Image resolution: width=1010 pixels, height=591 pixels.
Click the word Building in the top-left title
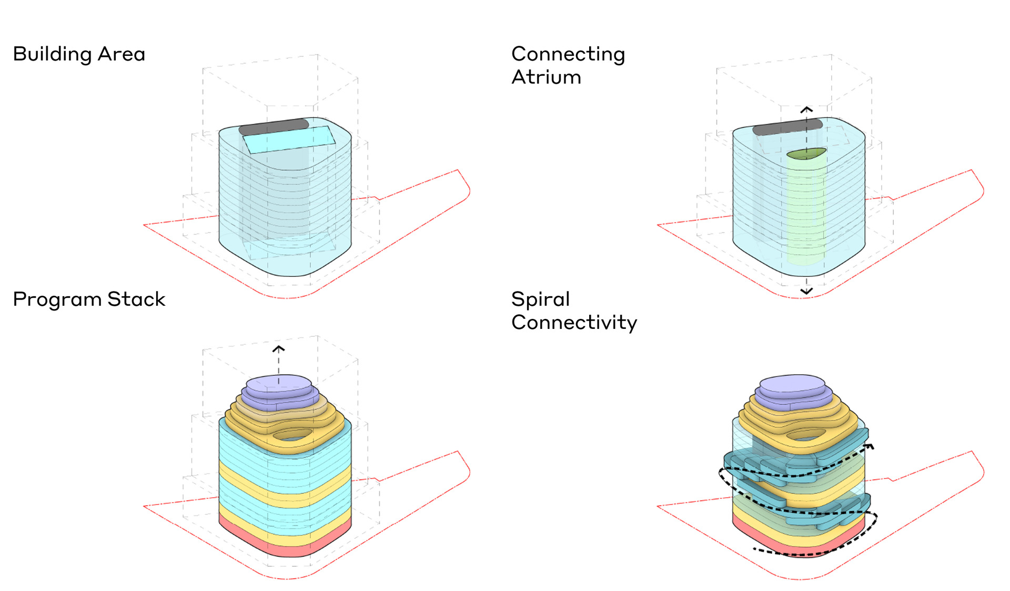(52, 54)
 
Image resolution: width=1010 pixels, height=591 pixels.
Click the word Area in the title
(122, 54)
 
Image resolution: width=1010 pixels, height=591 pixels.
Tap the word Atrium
(546, 77)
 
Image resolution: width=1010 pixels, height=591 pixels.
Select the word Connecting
(568, 54)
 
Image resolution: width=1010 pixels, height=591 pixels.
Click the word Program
(57, 299)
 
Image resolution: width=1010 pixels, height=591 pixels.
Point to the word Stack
(136, 299)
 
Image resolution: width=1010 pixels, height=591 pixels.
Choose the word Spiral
(540, 299)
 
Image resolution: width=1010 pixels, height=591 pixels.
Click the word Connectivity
(574, 323)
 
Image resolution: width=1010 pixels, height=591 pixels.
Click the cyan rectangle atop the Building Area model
(289, 139)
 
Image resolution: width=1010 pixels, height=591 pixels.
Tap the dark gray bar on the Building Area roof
(274, 126)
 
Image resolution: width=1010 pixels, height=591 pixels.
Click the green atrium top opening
(806, 154)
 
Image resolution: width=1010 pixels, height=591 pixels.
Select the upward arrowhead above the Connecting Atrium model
(806, 109)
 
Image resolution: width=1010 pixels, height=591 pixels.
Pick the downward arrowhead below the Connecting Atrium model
(806, 291)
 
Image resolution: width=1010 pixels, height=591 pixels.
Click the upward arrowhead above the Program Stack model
(278, 348)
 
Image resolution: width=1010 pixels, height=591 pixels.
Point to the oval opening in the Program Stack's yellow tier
(292, 435)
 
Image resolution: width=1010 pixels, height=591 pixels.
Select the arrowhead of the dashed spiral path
(870, 447)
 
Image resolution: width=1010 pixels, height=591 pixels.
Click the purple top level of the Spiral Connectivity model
(792, 383)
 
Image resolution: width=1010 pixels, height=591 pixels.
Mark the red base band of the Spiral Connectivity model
(789, 547)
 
